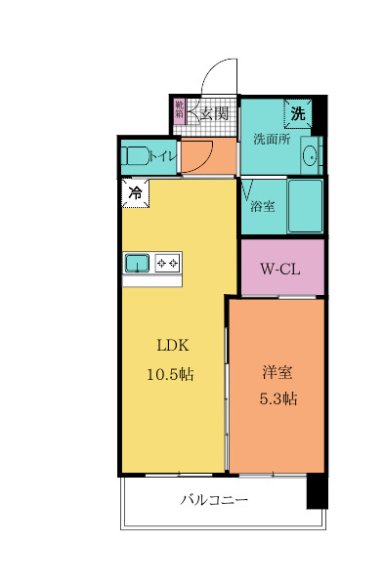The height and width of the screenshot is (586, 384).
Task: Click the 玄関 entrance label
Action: click(x=216, y=113)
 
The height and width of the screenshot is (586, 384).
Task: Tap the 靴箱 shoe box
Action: click(x=179, y=110)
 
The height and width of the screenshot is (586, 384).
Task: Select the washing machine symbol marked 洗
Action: click(x=298, y=113)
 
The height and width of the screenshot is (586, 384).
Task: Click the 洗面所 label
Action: click(x=272, y=139)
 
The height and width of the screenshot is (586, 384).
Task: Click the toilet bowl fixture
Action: click(x=136, y=155)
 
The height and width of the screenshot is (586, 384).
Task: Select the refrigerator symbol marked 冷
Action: click(x=135, y=192)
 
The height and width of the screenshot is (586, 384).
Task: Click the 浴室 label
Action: click(x=262, y=206)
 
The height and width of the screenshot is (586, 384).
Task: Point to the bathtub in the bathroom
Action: click(x=305, y=206)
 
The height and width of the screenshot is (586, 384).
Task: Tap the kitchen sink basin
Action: click(x=137, y=262)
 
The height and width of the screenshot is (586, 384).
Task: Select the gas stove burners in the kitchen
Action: click(x=167, y=262)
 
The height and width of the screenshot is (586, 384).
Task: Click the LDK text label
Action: click(x=173, y=345)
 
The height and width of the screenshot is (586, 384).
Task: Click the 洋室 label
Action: click(x=277, y=372)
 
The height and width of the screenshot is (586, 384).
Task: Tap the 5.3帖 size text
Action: click(x=277, y=398)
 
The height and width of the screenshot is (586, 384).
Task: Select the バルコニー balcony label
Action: click(x=214, y=501)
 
